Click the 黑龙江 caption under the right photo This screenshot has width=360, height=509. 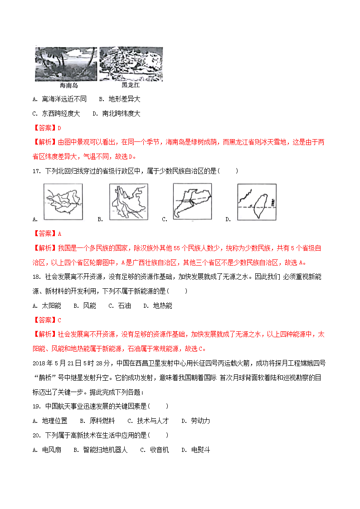(x=131, y=85)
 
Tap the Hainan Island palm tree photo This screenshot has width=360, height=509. (x=66, y=63)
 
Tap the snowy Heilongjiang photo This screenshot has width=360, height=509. (x=131, y=63)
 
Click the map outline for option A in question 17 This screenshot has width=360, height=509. (x=63, y=202)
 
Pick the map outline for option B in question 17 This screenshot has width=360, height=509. (x=128, y=202)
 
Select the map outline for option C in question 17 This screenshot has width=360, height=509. (x=192, y=202)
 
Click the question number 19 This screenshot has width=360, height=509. (x=37, y=406)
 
